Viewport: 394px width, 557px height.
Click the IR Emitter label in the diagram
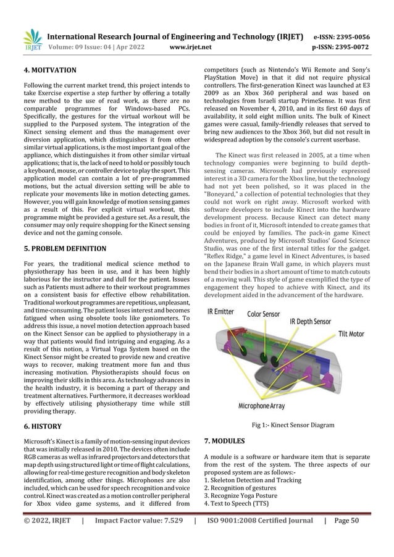click(221, 312)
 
